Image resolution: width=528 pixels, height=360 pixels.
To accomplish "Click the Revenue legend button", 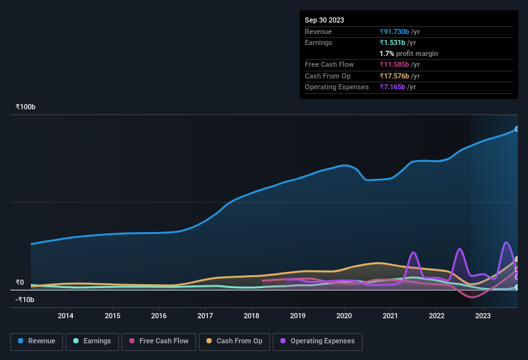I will (37, 341).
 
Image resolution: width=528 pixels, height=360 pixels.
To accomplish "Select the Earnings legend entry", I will (92, 341).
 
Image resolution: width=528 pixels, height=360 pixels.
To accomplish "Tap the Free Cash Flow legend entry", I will (158, 341).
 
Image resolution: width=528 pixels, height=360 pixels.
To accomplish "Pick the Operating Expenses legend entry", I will (318, 341).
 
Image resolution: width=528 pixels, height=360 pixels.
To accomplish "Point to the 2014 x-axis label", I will (65, 316).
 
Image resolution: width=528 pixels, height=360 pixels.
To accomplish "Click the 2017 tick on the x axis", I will (205, 316).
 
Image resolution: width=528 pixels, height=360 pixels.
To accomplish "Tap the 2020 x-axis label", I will (344, 316).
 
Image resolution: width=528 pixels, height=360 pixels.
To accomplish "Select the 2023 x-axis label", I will (483, 316).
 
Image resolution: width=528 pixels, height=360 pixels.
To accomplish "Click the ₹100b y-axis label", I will (26, 107).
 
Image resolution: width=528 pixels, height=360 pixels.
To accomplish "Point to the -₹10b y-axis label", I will (25, 300).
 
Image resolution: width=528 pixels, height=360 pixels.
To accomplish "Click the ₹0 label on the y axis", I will (19, 282).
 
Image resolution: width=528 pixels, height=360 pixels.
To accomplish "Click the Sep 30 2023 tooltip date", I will (324, 20).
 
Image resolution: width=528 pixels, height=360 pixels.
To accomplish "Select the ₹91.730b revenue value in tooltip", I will (399, 32).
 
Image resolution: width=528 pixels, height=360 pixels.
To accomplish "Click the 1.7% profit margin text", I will (408, 53).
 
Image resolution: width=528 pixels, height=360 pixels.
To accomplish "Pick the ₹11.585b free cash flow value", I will (399, 64).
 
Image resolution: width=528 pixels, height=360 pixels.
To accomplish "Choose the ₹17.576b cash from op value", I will (399, 76).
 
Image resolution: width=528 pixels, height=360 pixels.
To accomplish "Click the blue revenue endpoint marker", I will (516, 129).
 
